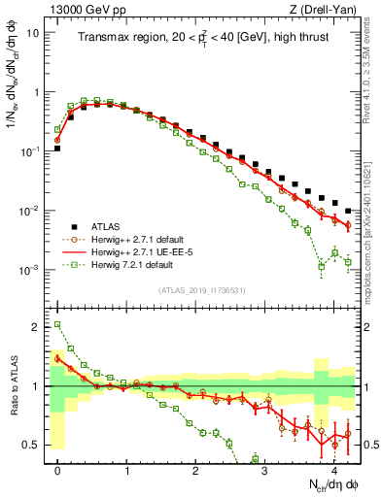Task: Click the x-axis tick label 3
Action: point(265,470)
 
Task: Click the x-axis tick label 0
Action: point(58,470)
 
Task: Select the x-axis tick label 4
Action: point(334,470)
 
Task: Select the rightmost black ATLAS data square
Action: point(348,211)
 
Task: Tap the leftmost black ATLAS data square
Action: point(57,149)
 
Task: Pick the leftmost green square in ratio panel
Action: point(57,325)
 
